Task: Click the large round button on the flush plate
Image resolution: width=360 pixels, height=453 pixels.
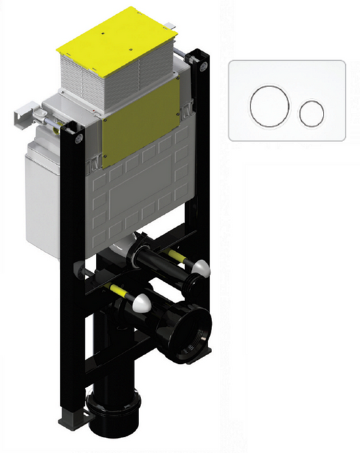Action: tap(270, 106)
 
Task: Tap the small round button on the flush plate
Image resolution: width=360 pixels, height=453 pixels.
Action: tap(311, 113)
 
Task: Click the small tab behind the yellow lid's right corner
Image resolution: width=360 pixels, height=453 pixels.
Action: tap(172, 25)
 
